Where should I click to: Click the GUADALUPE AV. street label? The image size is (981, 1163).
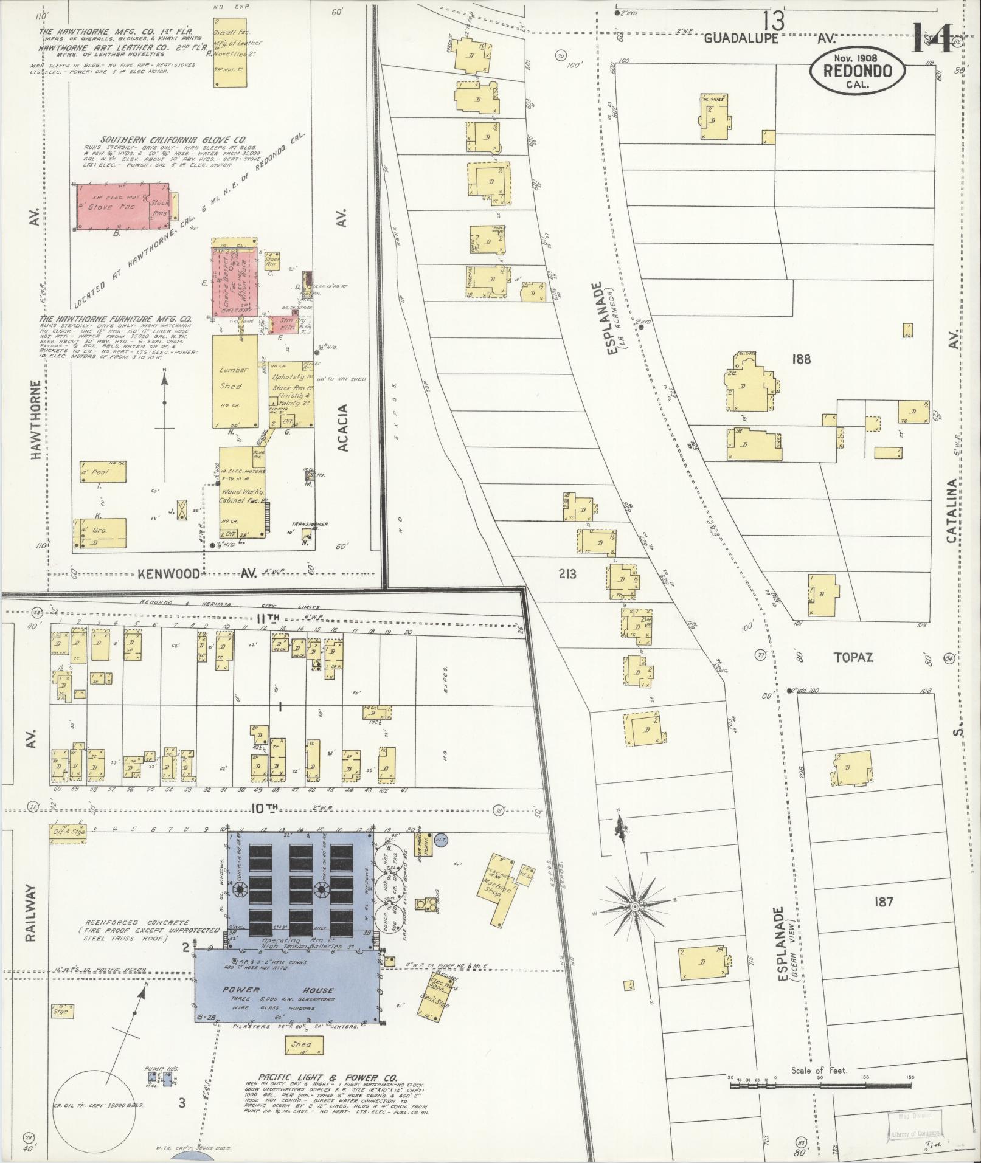[769, 38]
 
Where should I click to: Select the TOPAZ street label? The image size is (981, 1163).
[853, 657]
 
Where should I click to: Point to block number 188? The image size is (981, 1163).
[801, 359]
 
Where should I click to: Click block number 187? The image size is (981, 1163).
[883, 902]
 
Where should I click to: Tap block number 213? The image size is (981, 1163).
[566, 573]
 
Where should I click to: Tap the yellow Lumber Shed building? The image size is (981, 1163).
[235, 381]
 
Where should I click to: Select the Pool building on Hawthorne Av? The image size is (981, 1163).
[102, 472]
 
